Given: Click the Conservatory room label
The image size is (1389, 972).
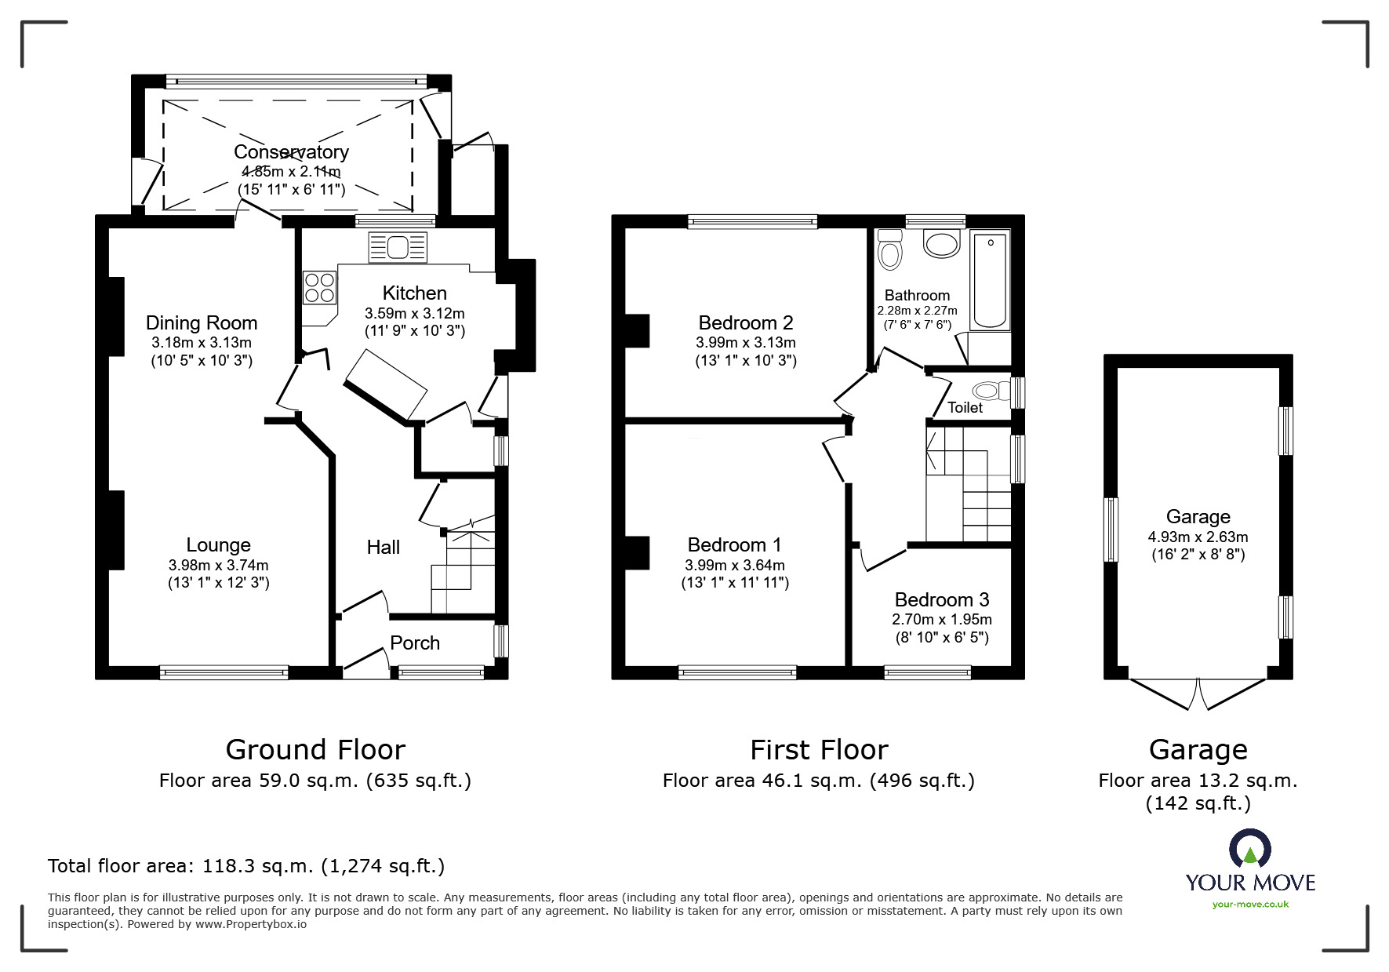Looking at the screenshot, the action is click(x=291, y=151).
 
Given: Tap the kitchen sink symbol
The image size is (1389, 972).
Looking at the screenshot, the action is click(x=398, y=247).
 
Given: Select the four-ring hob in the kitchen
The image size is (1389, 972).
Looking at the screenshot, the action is click(x=319, y=287).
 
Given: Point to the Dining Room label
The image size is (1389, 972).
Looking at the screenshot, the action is click(x=202, y=322).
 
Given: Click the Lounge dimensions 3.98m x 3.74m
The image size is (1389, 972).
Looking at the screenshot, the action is click(x=218, y=565).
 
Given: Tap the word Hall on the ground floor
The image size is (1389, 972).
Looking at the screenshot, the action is click(x=384, y=547).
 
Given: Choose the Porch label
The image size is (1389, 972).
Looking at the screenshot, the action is click(x=415, y=643).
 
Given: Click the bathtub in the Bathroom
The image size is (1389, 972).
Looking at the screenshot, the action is click(x=989, y=279).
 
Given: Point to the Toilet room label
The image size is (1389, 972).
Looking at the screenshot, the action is click(x=965, y=407).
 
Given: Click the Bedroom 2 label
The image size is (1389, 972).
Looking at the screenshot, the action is click(x=746, y=322).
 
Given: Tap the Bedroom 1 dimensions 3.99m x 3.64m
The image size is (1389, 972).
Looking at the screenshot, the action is click(x=735, y=565).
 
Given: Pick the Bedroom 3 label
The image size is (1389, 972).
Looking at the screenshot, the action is click(x=942, y=600).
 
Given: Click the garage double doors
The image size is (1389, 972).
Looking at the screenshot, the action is click(x=1198, y=694).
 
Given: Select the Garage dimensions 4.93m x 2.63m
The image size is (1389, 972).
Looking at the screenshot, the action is click(x=1198, y=537).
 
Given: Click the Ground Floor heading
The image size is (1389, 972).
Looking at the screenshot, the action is click(x=315, y=750).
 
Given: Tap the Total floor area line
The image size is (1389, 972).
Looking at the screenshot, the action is click(x=246, y=866).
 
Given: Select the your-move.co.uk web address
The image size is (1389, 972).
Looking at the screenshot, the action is click(x=1250, y=905).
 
